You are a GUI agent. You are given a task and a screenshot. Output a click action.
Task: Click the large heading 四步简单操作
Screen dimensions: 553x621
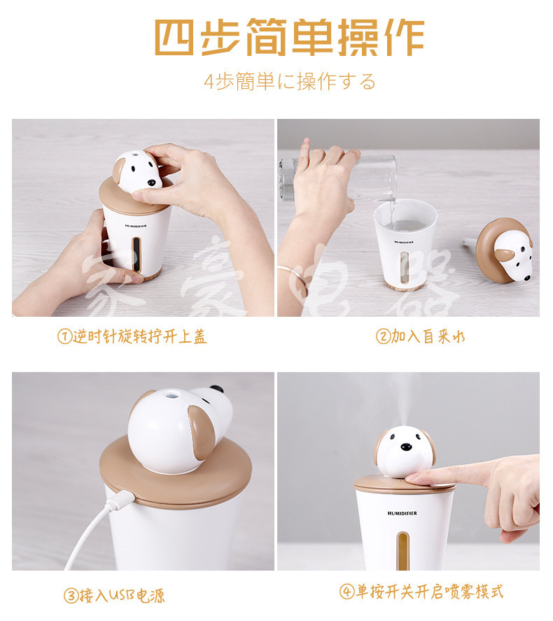point(289,38)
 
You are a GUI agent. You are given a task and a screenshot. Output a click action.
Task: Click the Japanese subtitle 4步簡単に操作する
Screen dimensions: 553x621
point(290,82)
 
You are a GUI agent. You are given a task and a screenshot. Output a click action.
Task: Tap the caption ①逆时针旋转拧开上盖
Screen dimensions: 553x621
point(132,336)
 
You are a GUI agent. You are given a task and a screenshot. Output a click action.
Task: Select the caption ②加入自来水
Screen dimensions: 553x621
point(421,336)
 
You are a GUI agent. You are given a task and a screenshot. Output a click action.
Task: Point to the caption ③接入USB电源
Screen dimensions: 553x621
point(114,595)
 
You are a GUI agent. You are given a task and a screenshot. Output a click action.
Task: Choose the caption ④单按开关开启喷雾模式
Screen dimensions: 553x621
point(422,592)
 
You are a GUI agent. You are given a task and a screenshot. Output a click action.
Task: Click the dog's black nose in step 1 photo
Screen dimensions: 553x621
point(151,183)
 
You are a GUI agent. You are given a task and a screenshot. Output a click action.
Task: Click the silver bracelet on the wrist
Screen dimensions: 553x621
point(293,277)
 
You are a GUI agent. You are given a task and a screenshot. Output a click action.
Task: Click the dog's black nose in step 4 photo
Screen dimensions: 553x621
point(406,447)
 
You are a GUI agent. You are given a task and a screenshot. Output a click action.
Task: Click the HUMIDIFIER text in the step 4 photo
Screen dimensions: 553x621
point(402,513)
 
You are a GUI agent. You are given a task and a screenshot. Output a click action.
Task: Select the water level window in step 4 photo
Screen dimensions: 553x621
point(402,550)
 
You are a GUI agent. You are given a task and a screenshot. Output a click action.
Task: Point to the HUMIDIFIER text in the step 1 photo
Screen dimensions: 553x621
point(136,226)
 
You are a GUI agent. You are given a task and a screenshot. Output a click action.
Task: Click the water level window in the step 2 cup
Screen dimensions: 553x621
point(405,267)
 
